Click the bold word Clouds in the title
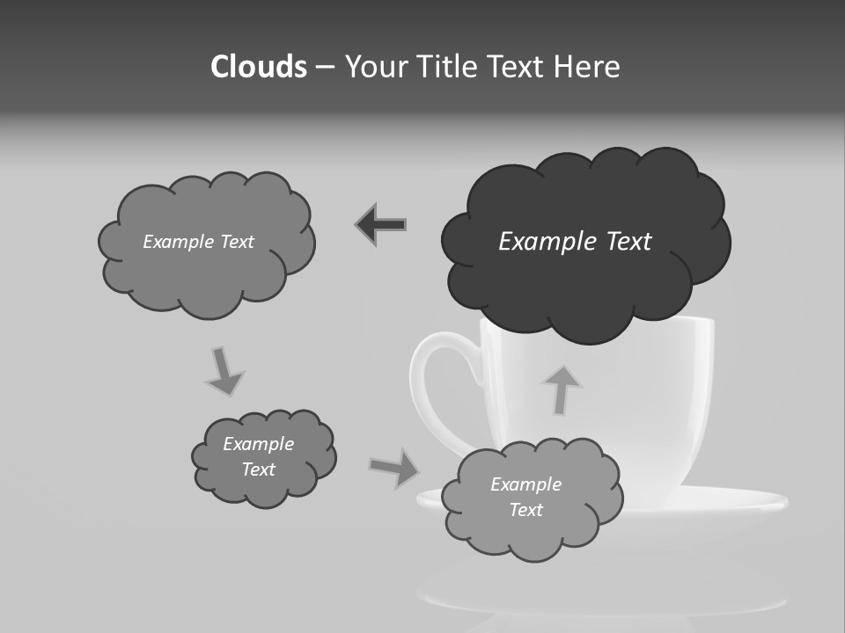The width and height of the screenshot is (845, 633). click(x=258, y=67)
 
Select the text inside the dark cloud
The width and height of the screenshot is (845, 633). click(x=575, y=242)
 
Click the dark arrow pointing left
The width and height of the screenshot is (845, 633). click(x=381, y=225)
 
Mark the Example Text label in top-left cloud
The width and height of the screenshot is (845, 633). click(x=198, y=242)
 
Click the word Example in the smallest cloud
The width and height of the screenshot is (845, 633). click(x=258, y=444)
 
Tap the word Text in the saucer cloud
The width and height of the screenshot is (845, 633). click(x=525, y=510)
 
